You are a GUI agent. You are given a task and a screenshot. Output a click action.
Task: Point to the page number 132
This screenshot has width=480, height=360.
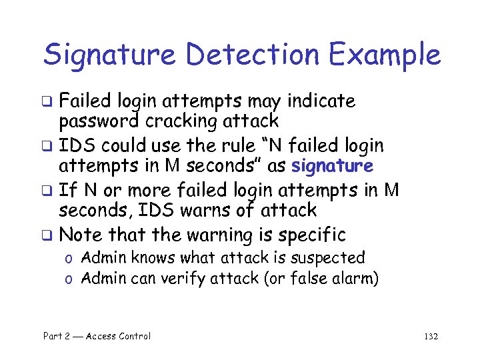[x=431, y=336]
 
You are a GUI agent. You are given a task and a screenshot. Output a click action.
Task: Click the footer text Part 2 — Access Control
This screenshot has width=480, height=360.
[x=97, y=336]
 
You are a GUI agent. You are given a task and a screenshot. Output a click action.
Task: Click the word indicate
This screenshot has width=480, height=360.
[x=321, y=101]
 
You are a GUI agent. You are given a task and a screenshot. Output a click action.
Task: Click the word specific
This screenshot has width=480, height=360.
[x=312, y=235]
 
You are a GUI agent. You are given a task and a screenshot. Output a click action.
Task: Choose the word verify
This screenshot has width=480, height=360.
[x=199, y=279]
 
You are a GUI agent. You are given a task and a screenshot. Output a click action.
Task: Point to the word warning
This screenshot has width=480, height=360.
[x=213, y=235]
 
